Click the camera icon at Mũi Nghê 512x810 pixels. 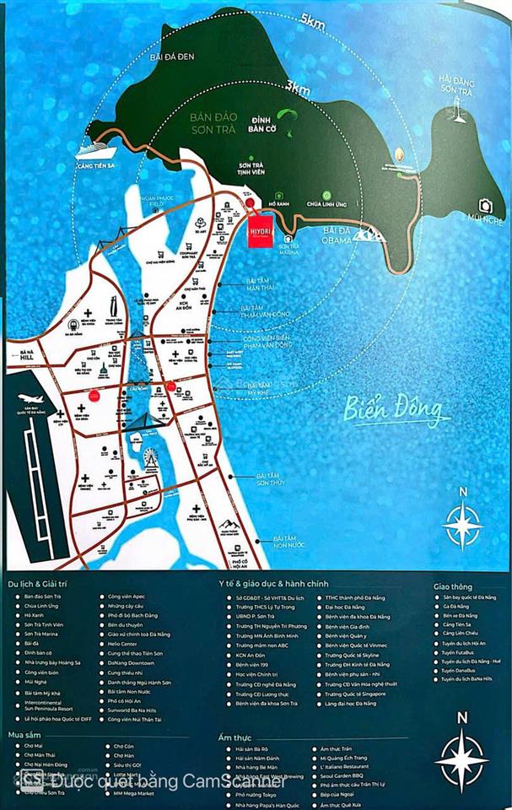485,205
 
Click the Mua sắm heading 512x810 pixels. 27,734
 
